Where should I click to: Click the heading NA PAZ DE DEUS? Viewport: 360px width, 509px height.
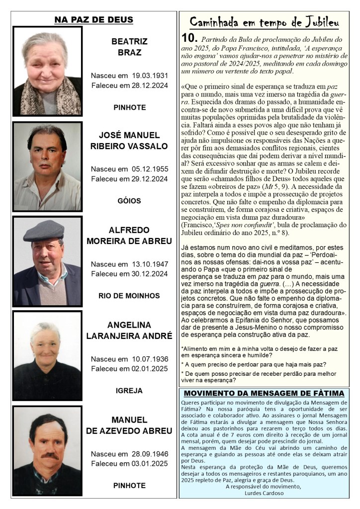tap(93, 20)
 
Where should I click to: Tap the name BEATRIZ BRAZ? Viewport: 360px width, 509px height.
tap(129, 46)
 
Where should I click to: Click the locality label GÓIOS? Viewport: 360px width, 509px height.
tap(129, 201)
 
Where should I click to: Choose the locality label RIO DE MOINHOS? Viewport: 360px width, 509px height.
tap(129, 296)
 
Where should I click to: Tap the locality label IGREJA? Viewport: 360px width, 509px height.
tap(129, 391)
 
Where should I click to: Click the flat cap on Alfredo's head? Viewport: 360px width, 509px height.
tap(44, 231)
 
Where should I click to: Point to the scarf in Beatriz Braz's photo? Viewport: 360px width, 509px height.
tap(47, 97)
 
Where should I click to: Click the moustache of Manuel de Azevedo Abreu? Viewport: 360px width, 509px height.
tap(49, 455)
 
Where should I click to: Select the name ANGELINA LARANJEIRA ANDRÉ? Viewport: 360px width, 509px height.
tap(129, 330)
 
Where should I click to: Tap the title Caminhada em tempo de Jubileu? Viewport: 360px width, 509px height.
tap(264, 22)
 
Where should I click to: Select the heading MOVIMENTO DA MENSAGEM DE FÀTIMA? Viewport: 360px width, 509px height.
tap(264, 393)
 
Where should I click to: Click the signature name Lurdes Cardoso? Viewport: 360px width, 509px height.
tap(264, 493)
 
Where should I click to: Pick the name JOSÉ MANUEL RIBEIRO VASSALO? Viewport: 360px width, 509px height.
tap(129, 141)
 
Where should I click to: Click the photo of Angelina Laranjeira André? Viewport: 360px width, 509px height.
tap(47, 356)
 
